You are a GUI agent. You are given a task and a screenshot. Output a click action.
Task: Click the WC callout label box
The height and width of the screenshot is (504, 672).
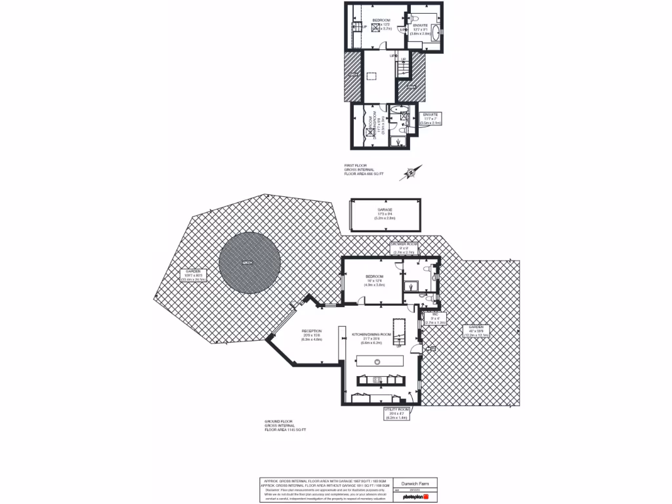[435, 318]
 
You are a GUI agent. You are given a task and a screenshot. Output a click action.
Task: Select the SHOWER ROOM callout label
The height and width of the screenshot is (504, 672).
[404, 247]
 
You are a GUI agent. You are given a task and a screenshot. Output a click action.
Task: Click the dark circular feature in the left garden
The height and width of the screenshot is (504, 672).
[249, 263]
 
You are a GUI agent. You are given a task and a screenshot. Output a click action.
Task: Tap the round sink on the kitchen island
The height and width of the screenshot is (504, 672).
[378, 362]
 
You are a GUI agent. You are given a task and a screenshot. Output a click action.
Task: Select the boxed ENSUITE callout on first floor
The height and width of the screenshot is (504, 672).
[430, 118]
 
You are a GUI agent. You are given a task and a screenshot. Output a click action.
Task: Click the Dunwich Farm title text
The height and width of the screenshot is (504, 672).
[416, 484]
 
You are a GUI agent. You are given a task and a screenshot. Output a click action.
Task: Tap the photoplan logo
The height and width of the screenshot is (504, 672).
[416, 497]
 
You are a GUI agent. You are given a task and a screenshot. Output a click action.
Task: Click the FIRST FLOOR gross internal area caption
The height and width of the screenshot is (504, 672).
[364, 170]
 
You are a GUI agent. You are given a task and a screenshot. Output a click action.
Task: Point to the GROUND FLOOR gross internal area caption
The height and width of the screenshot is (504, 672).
[285, 425]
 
